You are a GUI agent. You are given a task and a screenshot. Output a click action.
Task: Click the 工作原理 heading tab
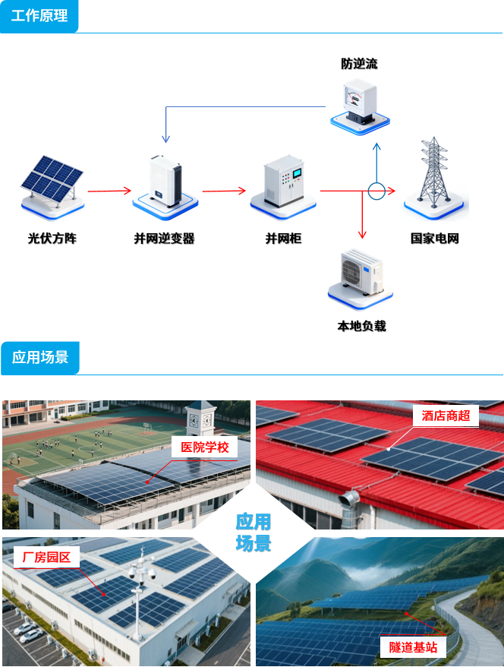(39, 16)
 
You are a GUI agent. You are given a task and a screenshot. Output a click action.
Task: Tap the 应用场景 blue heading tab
(39, 357)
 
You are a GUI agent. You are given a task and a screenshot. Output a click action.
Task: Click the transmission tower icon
(434, 176)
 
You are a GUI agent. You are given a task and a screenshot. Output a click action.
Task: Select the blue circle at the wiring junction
(377, 191)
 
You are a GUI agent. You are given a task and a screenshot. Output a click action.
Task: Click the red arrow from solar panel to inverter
(109, 191)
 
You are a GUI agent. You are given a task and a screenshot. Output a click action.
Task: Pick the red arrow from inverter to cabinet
(225, 191)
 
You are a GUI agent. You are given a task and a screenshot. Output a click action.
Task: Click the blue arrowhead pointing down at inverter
(165, 138)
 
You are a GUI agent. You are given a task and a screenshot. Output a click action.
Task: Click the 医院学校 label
(204, 447)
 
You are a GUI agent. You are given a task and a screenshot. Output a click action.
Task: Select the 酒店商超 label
(446, 416)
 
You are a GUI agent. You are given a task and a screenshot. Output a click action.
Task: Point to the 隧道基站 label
(413, 647)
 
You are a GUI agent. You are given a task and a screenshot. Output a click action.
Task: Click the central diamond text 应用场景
(253, 533)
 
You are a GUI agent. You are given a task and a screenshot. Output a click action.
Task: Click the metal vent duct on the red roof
(348, 501)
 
